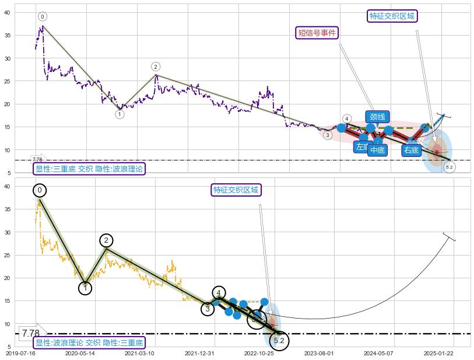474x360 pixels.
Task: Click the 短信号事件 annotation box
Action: pos(318,33)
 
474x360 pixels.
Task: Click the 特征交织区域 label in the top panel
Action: pos(392,16)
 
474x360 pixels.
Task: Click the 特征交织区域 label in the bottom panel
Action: pos(236,190)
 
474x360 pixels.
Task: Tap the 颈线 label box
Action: pos(377,117)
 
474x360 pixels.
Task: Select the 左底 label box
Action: pos(363,147)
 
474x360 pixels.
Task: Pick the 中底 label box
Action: pos(378,150)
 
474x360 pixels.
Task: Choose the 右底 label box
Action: pos(411,150)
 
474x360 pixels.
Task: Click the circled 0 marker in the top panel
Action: pos(43,16)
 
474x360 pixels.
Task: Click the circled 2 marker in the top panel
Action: pos(156,67)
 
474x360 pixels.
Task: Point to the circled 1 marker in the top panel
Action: pos(120,114)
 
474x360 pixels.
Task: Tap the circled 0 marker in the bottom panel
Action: pos(40,190)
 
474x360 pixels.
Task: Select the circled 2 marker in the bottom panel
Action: pos(106,240)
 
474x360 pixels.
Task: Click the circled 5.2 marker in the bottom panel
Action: pos(279,340)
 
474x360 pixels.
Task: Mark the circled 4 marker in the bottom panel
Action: pos(219,293)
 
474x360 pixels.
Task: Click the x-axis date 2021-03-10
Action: pos(139,353)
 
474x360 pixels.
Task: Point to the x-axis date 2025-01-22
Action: pos(438,353)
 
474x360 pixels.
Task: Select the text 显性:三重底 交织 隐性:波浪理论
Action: pos(89,169)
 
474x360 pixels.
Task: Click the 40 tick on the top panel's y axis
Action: pos(8,12)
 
